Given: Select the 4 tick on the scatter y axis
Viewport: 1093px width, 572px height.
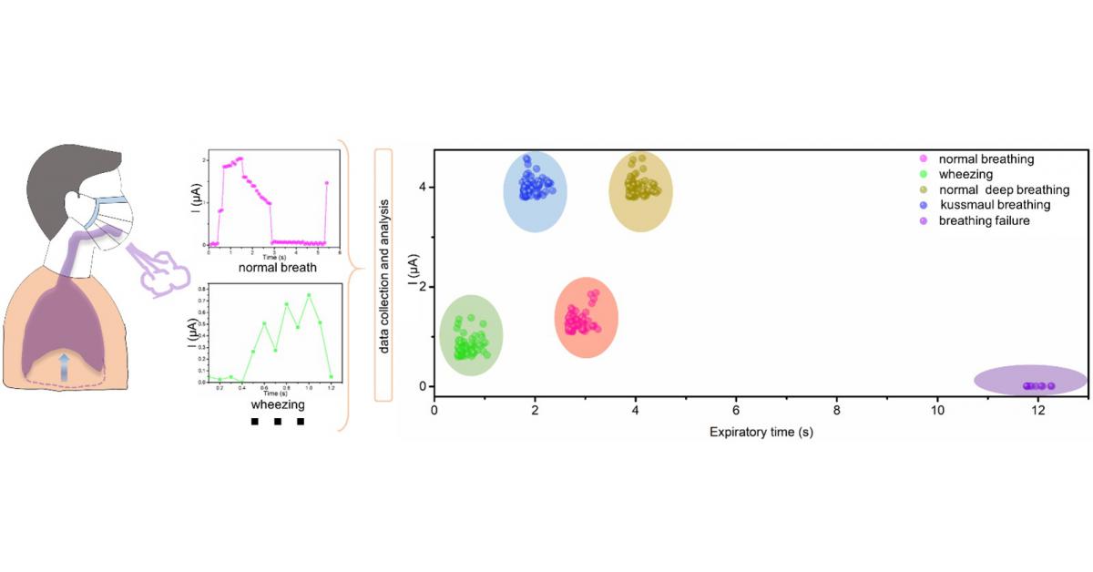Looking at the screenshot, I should point(422,187).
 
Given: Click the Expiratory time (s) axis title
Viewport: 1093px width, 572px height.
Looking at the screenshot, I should point(761,432).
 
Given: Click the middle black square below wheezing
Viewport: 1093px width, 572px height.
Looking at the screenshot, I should point(278,422).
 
